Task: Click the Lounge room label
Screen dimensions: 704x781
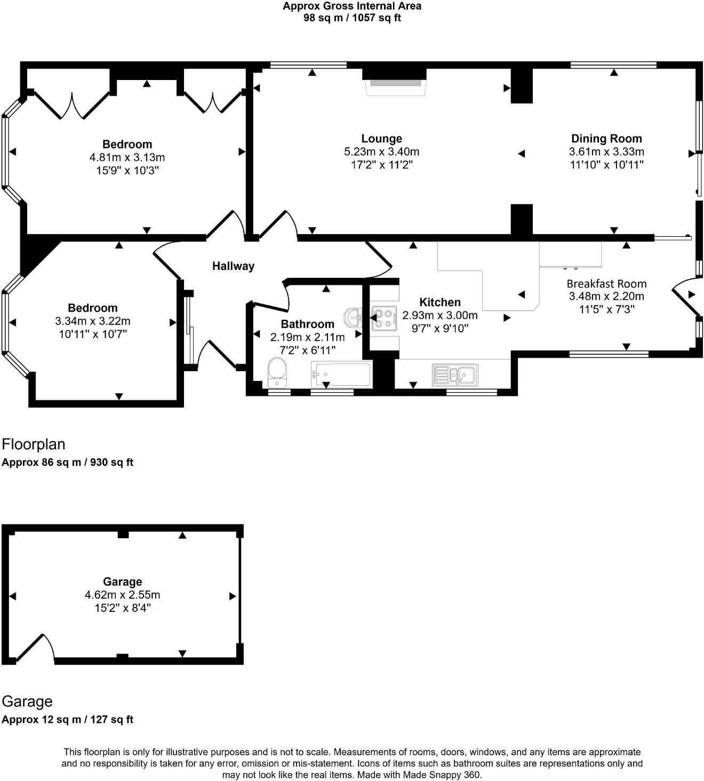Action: click(381, 139)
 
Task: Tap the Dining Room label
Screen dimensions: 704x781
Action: click(606, 139)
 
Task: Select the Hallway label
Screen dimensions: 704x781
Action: click(233, 266)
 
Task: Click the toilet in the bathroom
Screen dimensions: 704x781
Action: click(277, 373)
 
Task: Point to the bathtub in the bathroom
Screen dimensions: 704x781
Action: click(341, 374)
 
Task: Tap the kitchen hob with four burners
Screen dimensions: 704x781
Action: click(385, 318)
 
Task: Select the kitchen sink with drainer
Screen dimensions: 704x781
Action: click(455, 375)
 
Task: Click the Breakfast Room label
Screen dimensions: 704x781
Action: click(606, 283)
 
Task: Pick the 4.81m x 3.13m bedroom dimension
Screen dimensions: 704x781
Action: click(127, 157)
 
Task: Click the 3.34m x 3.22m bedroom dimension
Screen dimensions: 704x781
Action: click(93, 321)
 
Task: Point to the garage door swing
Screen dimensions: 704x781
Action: click(35, 648)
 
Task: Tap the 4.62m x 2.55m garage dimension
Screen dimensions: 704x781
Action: click(122, 595)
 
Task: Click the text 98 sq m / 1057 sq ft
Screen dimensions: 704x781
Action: click(352, 18)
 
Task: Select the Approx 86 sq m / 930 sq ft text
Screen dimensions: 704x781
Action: click(67, 462)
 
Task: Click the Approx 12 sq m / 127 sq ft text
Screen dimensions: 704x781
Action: click(67, 720)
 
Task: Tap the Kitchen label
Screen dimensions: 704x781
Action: click(440, 302)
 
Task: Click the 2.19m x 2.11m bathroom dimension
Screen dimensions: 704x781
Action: click(307, 337)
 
